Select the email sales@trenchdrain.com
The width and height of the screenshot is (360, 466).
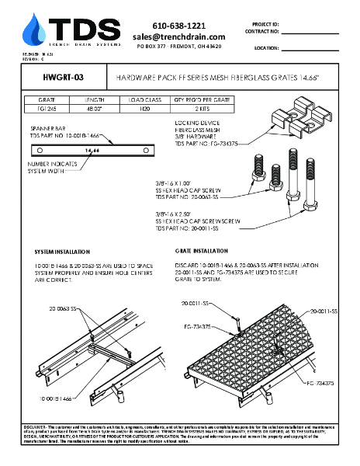(x=178, y=37)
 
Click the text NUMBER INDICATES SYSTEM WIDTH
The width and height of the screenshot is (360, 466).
(x=54, y=169)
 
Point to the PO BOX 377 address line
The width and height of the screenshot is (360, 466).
(x=178, y=47)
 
